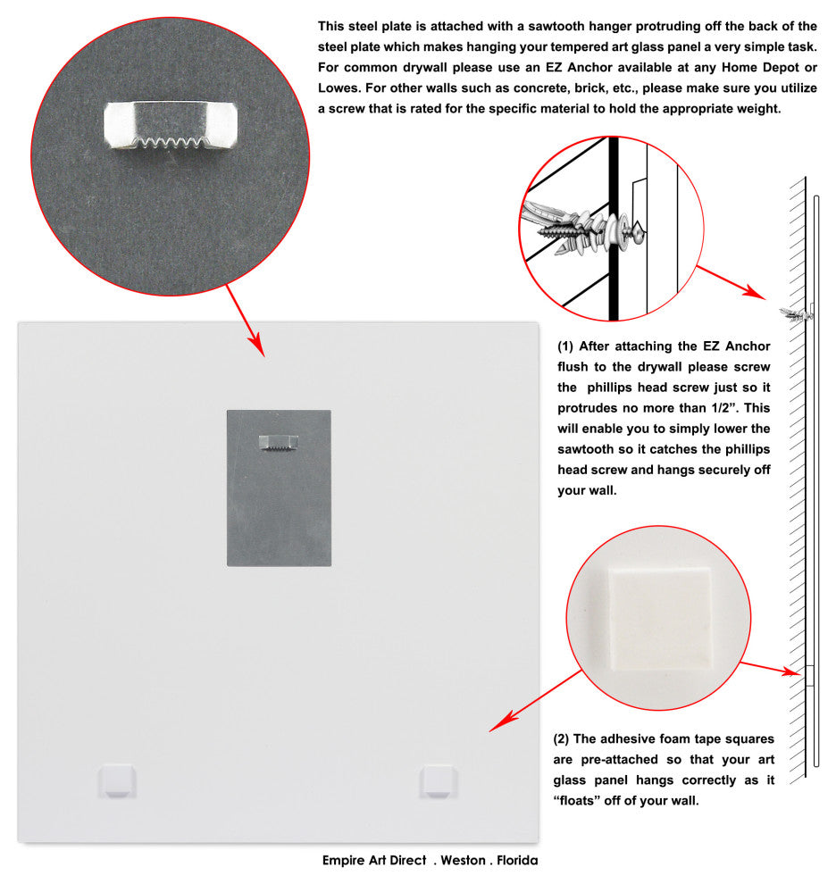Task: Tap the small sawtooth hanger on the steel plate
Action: pos(279,440)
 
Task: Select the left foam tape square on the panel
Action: pos(118,780)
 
